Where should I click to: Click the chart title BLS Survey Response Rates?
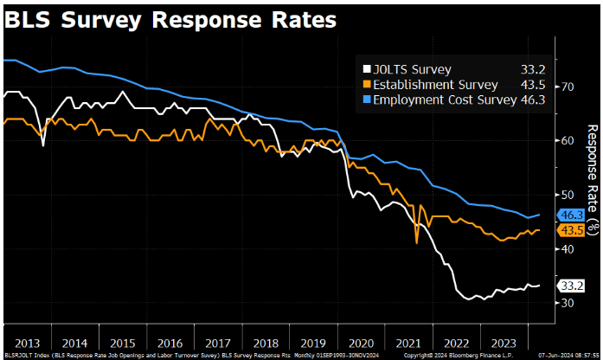pyautogui.click(x=170, y=18)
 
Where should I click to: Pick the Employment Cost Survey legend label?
pyautogui.click(x=446, y=100)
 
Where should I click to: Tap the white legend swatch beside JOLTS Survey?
pyautogui.click(x=367, y=68)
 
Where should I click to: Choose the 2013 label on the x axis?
pyautogui.click(x=27, y=341)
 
